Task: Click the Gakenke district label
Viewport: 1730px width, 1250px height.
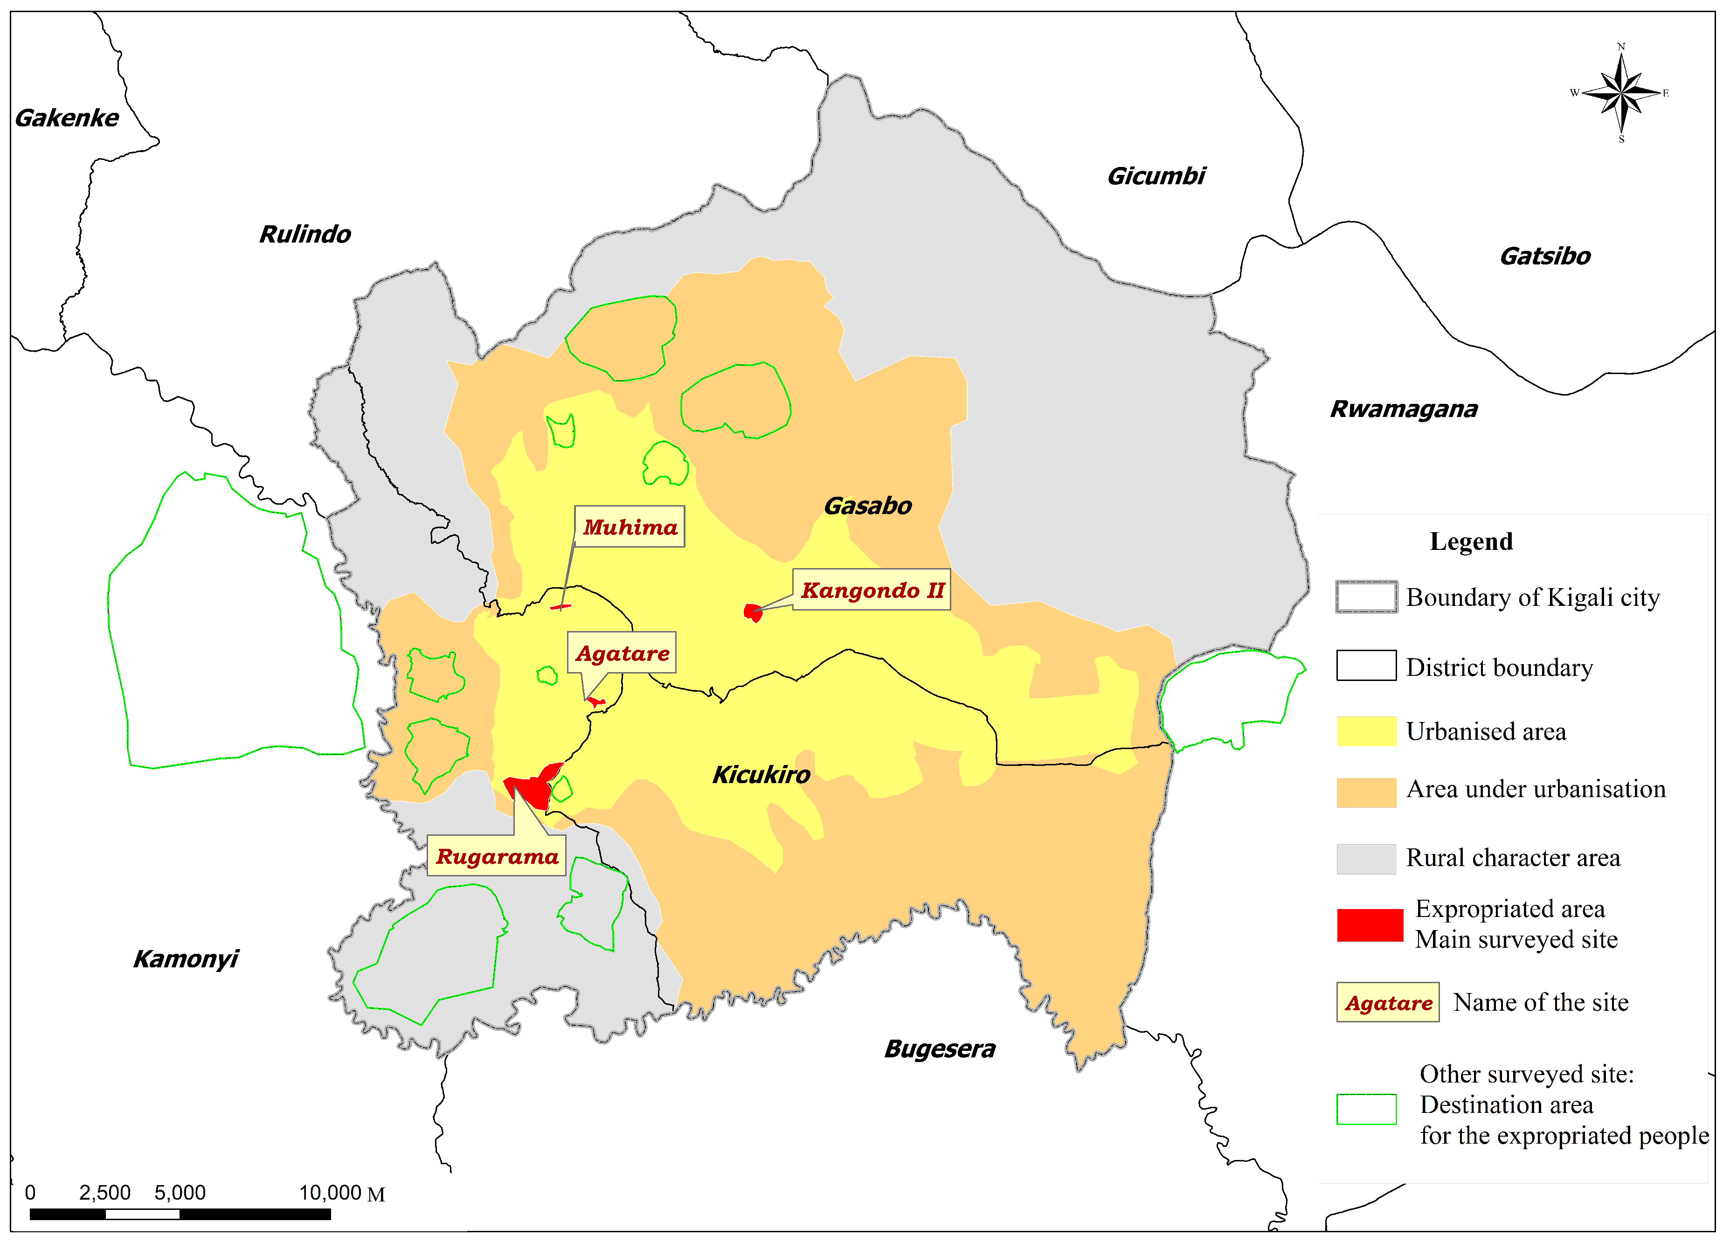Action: (67, 118)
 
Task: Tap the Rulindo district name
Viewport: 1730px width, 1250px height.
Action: (305, 234)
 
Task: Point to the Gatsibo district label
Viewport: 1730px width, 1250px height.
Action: (1544, 257)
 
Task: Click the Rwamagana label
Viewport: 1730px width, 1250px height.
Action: (1404, 409)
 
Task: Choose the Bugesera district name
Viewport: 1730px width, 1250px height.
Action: (940, 1049)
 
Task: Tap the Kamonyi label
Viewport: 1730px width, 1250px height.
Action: (186, 959)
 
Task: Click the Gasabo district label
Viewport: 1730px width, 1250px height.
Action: (867, 506)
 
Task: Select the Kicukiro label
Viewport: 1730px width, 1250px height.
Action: (761, 775)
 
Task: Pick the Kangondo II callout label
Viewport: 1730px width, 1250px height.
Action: (872, 590)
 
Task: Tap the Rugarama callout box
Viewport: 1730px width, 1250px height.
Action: (497, 856)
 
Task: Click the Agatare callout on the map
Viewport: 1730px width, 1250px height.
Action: (622, 653)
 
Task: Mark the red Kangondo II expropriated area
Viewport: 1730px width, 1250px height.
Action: (754, 612)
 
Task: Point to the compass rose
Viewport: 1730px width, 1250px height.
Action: (1621, 93)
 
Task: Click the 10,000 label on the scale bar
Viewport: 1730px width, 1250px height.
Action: (330, 1193)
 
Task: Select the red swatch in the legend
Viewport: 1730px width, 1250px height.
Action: (1369, 925)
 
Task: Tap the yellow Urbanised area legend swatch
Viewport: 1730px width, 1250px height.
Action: (1366, 731)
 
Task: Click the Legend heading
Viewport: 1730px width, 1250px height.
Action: (1471, 542)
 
